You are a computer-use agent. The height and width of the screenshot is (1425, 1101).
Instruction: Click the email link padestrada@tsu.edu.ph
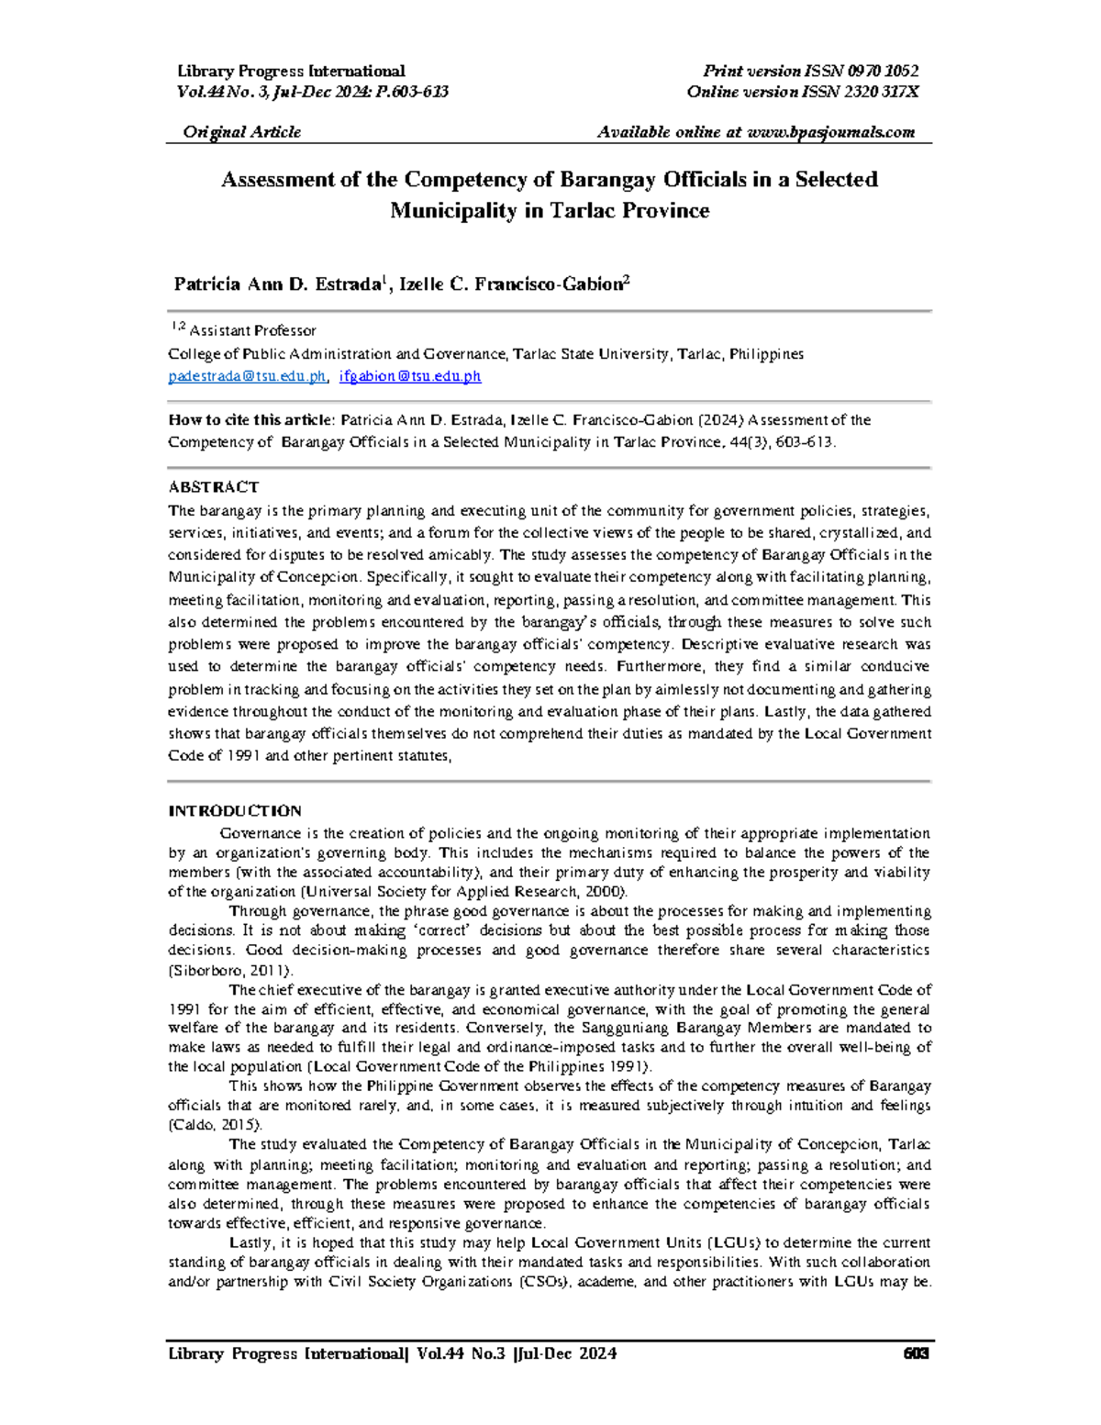pos(247,376)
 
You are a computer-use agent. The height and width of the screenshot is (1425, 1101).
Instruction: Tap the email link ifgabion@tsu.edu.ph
pos(410,376)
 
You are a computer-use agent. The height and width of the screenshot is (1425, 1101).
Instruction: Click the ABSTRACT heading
pos(213,487)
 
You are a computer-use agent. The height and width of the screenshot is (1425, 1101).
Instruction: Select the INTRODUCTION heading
pos(234,811)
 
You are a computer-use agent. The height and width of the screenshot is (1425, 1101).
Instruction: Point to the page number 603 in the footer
pos(917,1354)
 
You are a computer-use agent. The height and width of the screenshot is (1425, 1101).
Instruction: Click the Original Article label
pos(241,132)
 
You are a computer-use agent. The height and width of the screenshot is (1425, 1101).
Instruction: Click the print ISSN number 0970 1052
pos(883,72)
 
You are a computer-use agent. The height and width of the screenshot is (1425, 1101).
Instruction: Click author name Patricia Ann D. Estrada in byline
pos(275,284)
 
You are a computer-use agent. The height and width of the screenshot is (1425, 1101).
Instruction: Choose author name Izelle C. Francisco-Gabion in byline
pos(511,284)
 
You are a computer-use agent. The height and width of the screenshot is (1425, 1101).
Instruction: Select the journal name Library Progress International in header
pos(291,72)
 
